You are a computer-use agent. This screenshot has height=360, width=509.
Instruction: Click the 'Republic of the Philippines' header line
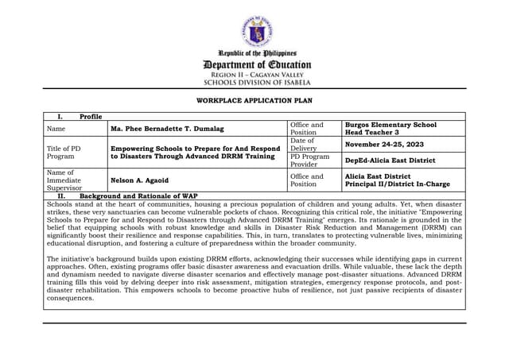coord(257,53)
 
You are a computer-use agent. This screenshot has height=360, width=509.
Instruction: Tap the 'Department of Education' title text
coord(257,64)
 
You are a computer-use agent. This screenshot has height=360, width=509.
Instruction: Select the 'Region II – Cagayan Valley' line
coord(257,74)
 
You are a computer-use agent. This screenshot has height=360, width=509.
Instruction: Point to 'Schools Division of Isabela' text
coord(257,82)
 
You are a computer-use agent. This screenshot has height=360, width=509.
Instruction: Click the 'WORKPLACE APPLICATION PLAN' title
coord(254,101)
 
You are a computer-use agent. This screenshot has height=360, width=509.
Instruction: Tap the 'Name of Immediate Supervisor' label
coord(64,180)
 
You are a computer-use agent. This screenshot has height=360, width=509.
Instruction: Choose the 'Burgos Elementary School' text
coord(390,125)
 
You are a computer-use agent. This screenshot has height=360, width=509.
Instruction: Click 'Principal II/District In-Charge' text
coord(397,184)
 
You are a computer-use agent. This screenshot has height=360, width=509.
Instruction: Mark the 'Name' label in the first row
coord(56,129)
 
